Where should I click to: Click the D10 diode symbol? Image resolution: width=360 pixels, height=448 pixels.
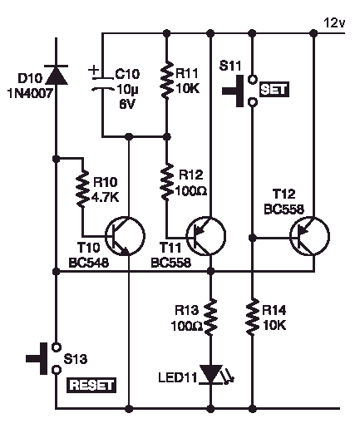coord(57,75)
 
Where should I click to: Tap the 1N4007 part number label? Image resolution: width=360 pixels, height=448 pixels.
coord(30,93)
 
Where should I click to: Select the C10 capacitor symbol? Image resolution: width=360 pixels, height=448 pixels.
coord(102,84)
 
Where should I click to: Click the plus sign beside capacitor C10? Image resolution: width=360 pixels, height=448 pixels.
coord(93,70)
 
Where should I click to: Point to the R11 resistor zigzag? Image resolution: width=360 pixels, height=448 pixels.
coord(167,80)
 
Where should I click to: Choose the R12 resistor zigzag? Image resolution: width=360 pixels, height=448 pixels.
coord(167,181)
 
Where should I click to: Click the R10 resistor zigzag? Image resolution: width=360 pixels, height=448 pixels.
coord(83,189)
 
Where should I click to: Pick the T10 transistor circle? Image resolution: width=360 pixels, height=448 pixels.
coord(126,236)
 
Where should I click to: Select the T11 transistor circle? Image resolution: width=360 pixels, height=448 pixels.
coord(206,236)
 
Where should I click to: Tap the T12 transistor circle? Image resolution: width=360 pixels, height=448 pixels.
coord(310,236)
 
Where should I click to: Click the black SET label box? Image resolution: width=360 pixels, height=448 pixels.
coord(274,90)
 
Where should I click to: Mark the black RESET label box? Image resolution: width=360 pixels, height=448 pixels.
coord(91,385)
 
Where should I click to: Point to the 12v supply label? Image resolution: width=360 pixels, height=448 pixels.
coord(334,23)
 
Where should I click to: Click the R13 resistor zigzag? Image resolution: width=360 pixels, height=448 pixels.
coord(211,318)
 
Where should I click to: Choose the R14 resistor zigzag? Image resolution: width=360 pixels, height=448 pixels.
coord(252,318)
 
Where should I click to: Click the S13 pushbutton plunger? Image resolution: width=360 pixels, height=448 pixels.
coord(37,358)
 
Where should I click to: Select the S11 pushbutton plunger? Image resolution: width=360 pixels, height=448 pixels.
coord(233,91)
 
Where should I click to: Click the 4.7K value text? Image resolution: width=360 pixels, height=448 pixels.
coord(105,198)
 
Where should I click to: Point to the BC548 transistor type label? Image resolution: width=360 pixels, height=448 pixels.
coord(89,263)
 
